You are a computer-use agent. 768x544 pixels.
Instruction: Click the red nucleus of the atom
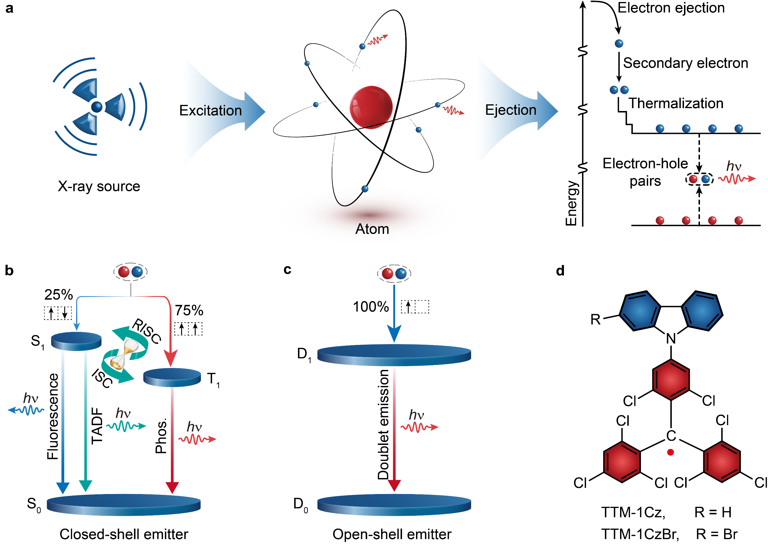click(371, 107)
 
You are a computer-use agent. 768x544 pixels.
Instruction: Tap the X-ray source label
click(99, 186)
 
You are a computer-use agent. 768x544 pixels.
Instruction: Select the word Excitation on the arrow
click(210, 110)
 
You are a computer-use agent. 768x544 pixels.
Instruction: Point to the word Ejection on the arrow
click(511, 110)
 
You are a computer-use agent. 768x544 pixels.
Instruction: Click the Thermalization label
click(676, 103)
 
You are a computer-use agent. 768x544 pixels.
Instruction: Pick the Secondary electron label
click(685, 63)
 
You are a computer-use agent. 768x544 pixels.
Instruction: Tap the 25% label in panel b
click(59, 295)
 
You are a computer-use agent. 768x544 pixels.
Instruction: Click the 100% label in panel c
click(371, 307)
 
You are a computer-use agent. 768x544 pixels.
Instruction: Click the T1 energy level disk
click(172, 377)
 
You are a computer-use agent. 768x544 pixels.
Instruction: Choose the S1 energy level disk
click(76, 341)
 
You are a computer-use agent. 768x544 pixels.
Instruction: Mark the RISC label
click(147, 331)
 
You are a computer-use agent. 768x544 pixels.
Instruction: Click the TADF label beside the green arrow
click(97, 425)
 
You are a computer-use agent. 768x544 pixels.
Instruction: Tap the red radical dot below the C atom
click(670, 452)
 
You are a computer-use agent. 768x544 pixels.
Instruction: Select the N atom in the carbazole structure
click(671, 339)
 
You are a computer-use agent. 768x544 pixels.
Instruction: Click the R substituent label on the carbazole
click(595, 319)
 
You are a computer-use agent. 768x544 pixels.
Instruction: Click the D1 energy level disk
click(394, 355)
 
